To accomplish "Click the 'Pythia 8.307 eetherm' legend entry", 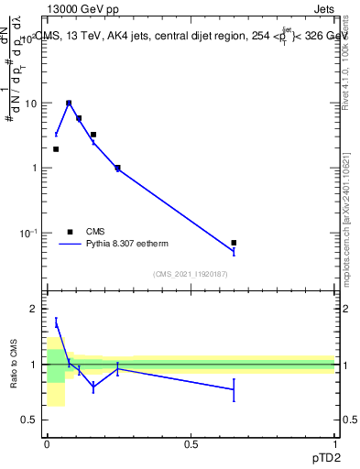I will coord(125,244).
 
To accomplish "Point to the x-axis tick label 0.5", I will coord(191,443).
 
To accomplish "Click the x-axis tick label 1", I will coord(335,443).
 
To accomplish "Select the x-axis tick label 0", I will coord(47,443).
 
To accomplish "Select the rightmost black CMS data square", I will coord(234,243).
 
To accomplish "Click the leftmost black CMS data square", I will coord(56,148).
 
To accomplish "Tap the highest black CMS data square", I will coord(69,104).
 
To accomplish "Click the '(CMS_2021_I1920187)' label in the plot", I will coord(191,274).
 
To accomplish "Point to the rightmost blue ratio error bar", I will coord(234,389).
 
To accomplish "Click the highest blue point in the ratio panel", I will coord(56,322).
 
